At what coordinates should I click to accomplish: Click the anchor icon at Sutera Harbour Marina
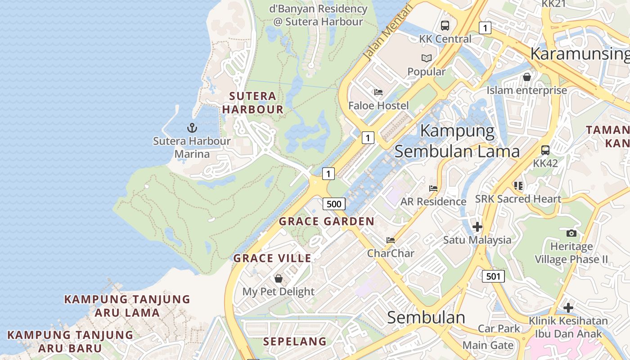[x=192, y=128]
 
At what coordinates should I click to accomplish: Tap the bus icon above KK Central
[x=445, y=26]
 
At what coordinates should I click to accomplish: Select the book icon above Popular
[x=426, y=58]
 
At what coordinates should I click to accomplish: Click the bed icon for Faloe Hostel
[x=378, y=93]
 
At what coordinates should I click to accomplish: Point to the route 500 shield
[x=334, y=204]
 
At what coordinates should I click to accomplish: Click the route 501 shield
[x=493, y=276]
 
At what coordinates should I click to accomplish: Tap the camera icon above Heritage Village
[x=571, y=233]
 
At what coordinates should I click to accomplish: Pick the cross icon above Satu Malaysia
[x=477, y=227]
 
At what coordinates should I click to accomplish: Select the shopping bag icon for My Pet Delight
[x=279, y=279]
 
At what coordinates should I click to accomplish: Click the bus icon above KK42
[x=545, y=150]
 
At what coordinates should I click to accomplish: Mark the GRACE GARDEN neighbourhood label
[x=326, y=221]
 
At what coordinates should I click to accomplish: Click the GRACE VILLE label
[x=272, y=258]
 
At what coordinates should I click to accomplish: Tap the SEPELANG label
[x=295, y=342]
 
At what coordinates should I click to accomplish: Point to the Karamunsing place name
[x=580, y=54]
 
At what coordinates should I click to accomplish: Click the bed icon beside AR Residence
[x=433, y=189]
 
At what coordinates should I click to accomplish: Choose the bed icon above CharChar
[x=391, y=240]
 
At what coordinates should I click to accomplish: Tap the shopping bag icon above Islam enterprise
[x=527, y=77]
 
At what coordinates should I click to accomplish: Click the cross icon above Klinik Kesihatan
[x=568, y=308]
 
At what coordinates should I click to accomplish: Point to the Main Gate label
[x=488, y=346]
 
